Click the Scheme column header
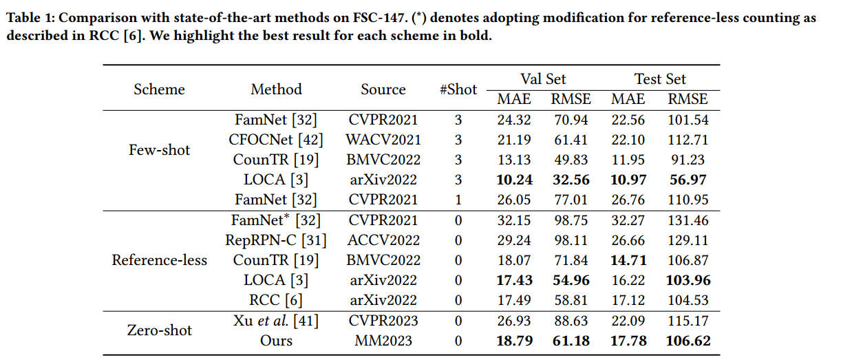point(159,89)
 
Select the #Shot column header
point(458,89)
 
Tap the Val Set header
point(543,78)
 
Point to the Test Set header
point(659,78)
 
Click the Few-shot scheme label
point(159,150)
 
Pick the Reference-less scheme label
point(159,260)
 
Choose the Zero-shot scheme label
point(159,330)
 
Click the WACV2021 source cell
point(383,140)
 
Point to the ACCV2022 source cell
point(383,240)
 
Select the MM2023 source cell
point(383,341)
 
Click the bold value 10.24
point(514,180)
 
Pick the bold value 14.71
point(629,260)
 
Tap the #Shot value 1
point(458,200)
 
